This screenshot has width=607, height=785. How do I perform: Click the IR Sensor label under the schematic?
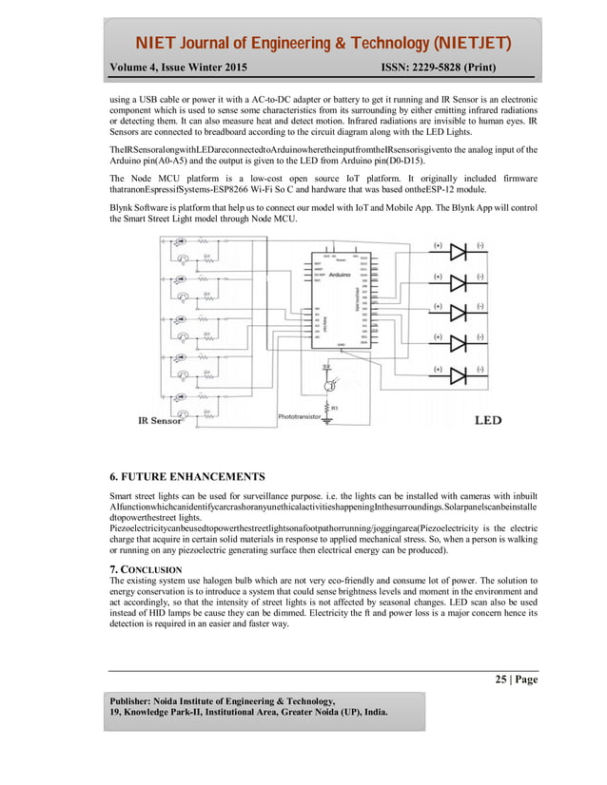point(161,420)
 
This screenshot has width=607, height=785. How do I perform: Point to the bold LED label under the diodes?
point(487,420)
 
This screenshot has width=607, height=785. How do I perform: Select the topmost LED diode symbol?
point(460,252)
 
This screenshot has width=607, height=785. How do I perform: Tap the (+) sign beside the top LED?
point(438,244)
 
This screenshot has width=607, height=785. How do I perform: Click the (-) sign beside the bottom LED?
point(480,368)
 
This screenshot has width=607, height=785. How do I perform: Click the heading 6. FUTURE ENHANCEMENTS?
point(187,476)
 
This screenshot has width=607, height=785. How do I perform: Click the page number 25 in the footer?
point(500,680)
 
